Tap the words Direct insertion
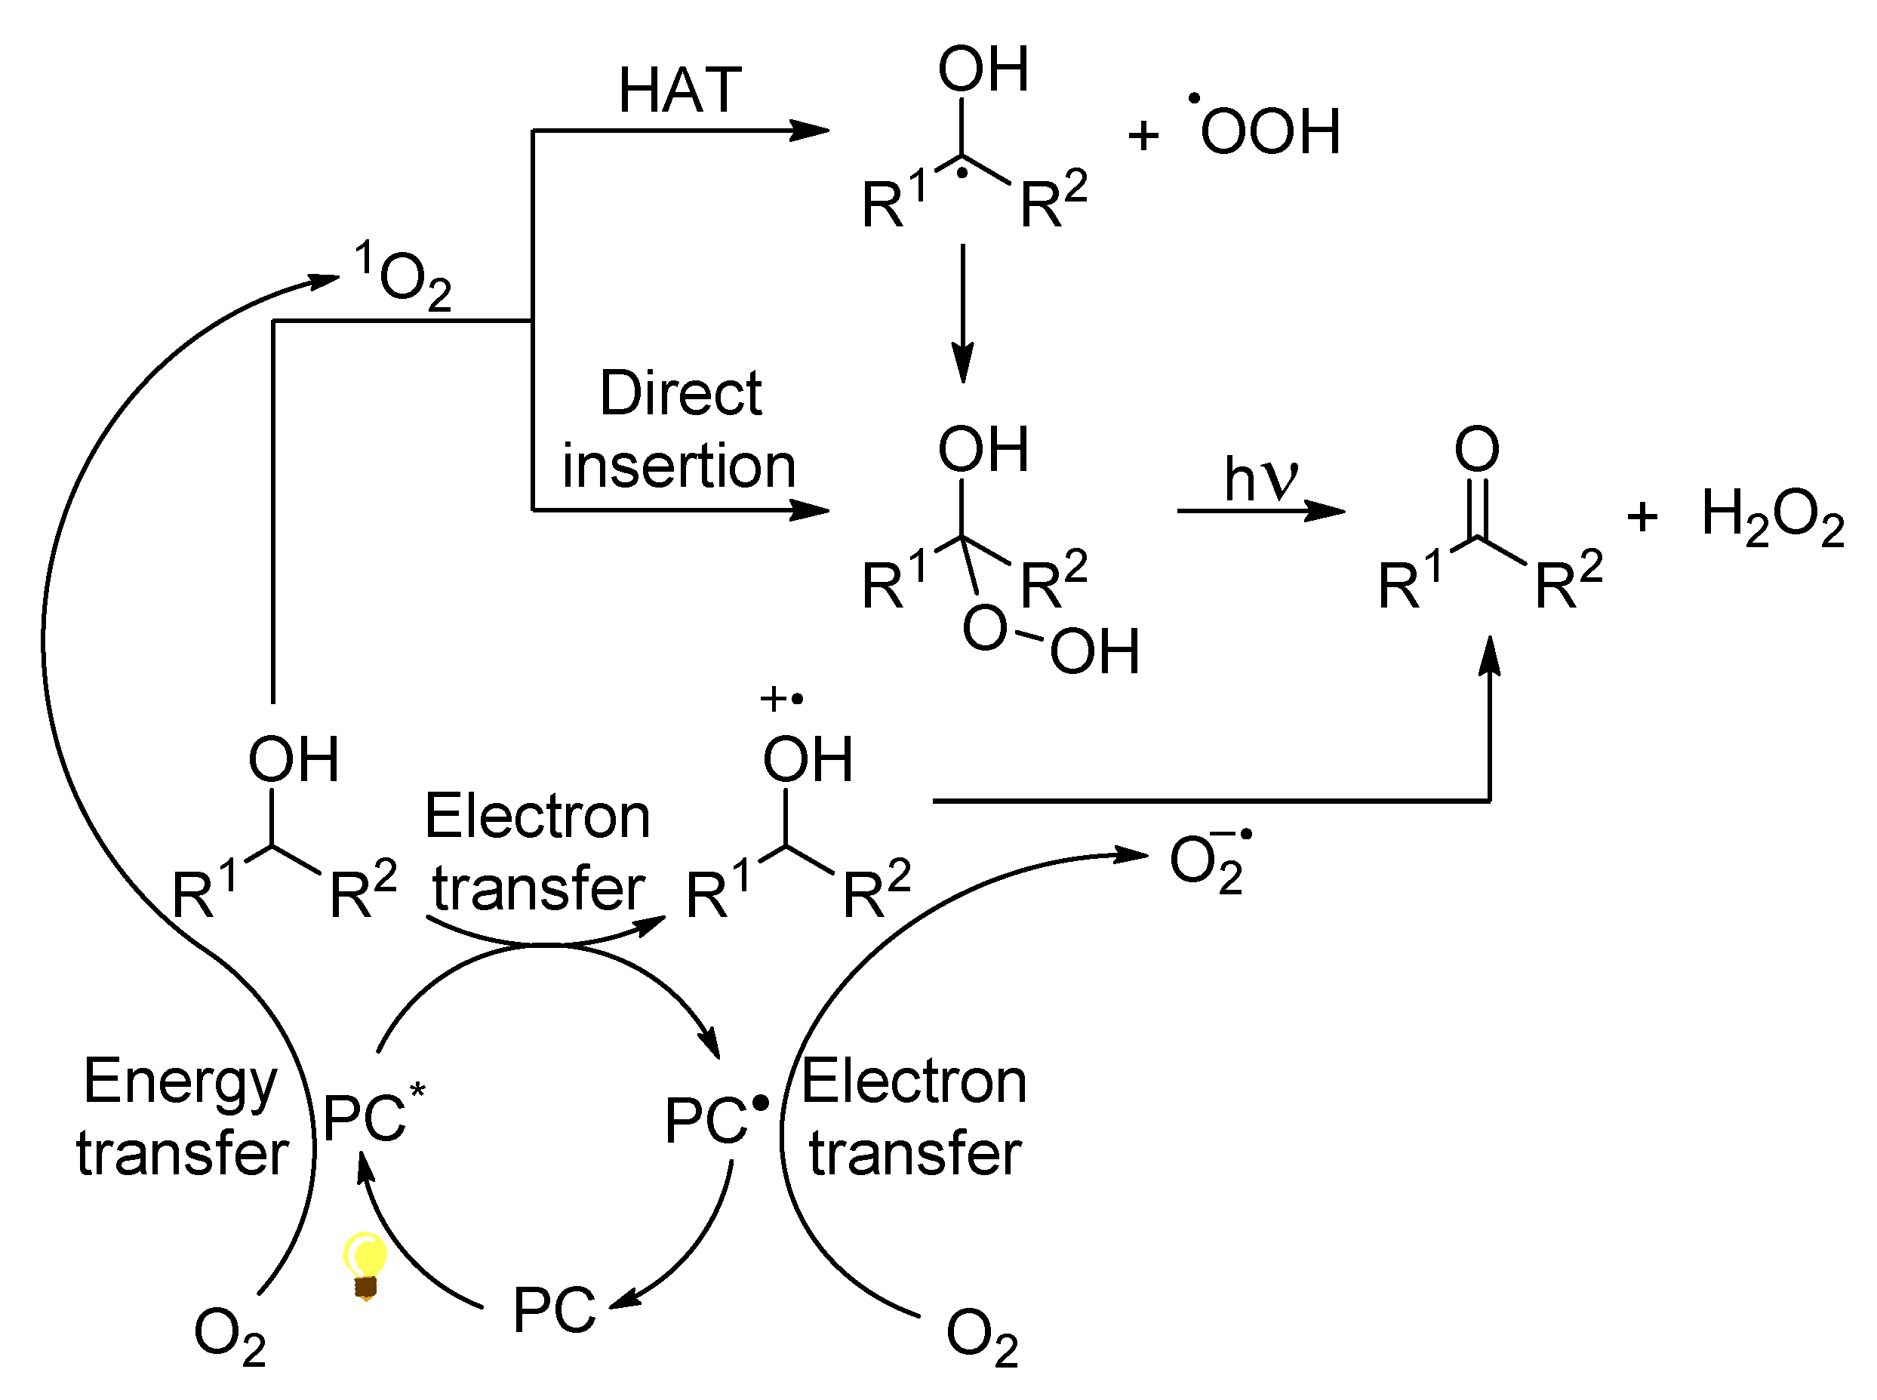pyautogui.click(x=679, y=429)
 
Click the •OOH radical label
pyautogui.click(x=1269, y=131)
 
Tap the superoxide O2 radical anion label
pyautogui.click(x=1208, y=863)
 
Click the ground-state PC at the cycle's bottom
pyautogui.click(x=554, y=1309)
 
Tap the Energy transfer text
pyautogui.click(x=182, y=1117)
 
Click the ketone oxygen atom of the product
pyautogui.click(x=1477, y=448)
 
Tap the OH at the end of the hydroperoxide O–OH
pyautogui.click(x=1094, y=651)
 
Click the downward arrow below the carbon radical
pyautogui.click(x=962, y=313)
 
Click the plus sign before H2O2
pyautogui.click(x=1642, y=516)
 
